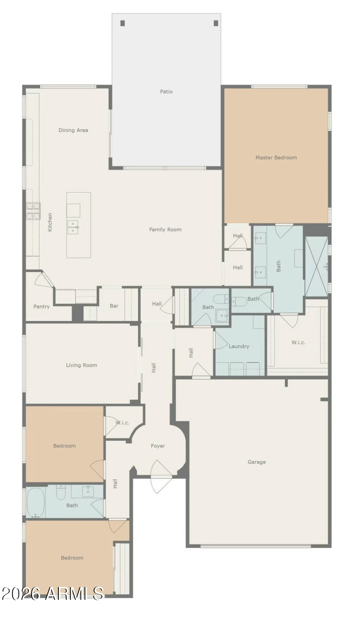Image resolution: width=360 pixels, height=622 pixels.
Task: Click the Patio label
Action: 166,91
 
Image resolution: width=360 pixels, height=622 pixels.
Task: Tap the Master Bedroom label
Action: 276,157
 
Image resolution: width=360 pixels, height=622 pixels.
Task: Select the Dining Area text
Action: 73,130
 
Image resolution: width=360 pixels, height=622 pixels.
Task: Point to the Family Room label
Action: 165,229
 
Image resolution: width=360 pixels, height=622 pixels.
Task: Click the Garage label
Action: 257,462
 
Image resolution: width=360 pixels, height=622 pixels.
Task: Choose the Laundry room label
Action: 239,346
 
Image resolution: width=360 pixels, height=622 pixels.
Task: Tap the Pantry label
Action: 42,306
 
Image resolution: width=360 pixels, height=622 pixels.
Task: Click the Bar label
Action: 114,306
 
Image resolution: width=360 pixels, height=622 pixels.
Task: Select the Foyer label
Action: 158,446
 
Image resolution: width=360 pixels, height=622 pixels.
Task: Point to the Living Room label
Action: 81,365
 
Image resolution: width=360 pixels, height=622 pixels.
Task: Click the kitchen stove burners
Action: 33,211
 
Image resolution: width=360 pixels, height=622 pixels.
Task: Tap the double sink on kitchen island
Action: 73,228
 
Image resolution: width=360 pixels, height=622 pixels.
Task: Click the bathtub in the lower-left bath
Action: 36,503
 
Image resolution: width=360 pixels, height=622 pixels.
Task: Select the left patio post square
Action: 123,23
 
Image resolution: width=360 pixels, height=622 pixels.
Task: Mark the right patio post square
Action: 216,23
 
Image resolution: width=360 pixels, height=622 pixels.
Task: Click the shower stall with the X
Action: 317,267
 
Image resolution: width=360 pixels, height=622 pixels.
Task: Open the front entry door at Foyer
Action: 161,477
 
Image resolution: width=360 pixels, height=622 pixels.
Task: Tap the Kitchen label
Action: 50,222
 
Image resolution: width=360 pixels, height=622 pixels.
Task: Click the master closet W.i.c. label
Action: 298,342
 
